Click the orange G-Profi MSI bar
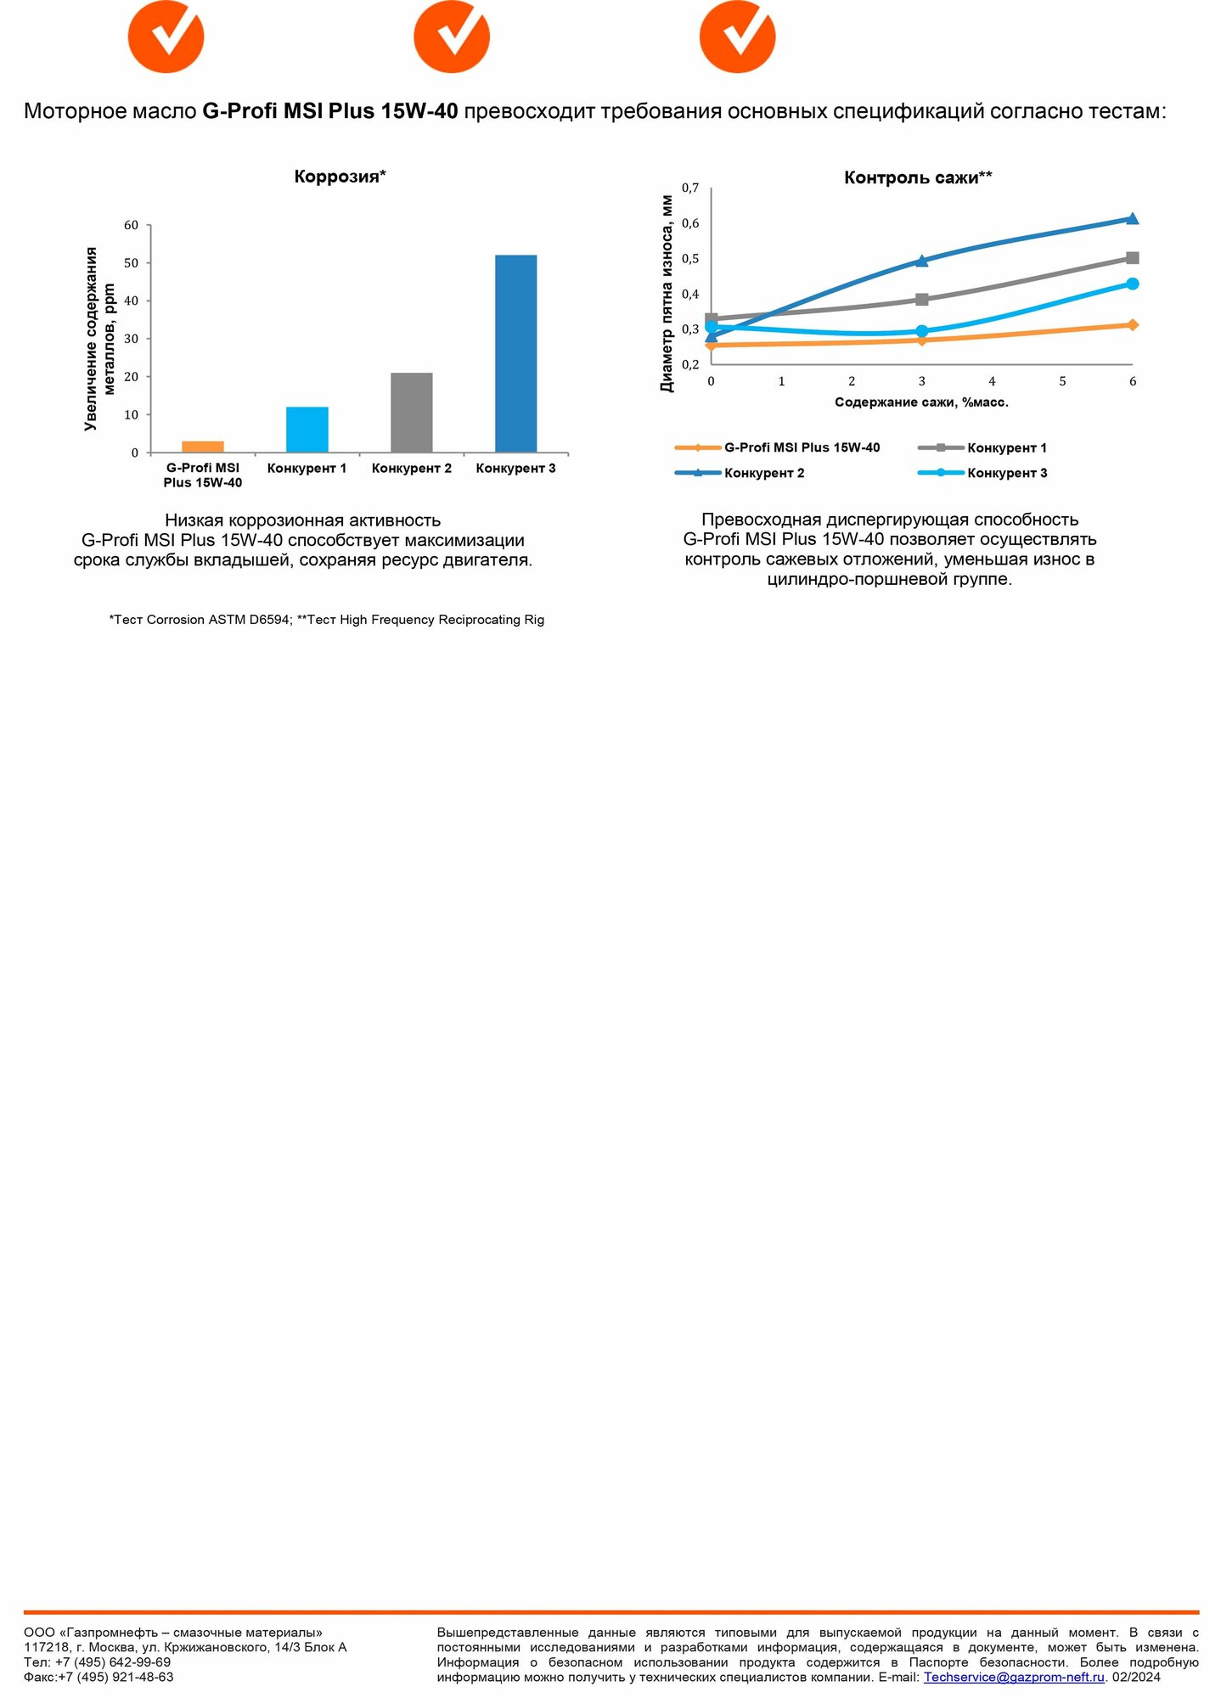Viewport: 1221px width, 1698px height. (203, 447)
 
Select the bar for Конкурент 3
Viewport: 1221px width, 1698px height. (515, 353)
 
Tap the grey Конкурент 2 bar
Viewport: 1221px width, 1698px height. (411, 413)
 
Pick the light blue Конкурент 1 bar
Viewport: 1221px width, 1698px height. (307, 430)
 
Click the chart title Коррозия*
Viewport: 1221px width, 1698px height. (340, 177)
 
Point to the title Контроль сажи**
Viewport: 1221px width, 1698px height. (917, 177)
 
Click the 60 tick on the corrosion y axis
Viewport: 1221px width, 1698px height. (131, 226)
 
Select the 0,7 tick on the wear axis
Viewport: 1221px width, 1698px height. (690, 188)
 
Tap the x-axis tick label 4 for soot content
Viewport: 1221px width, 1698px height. (992, 382)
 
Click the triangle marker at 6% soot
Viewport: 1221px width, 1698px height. (1132, 219)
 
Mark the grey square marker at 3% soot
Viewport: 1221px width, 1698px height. (922, 300)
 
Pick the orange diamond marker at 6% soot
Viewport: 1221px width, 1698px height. (1132, 325)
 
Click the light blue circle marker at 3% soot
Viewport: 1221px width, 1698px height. (922, 331)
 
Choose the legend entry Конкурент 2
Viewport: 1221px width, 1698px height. (763, 473)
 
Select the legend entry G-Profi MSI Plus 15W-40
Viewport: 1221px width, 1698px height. (802, 447)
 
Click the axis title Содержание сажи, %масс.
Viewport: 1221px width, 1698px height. (921, 402)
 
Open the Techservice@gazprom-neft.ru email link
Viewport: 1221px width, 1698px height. (1013, 1678)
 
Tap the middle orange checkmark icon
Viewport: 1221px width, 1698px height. (451, 37)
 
